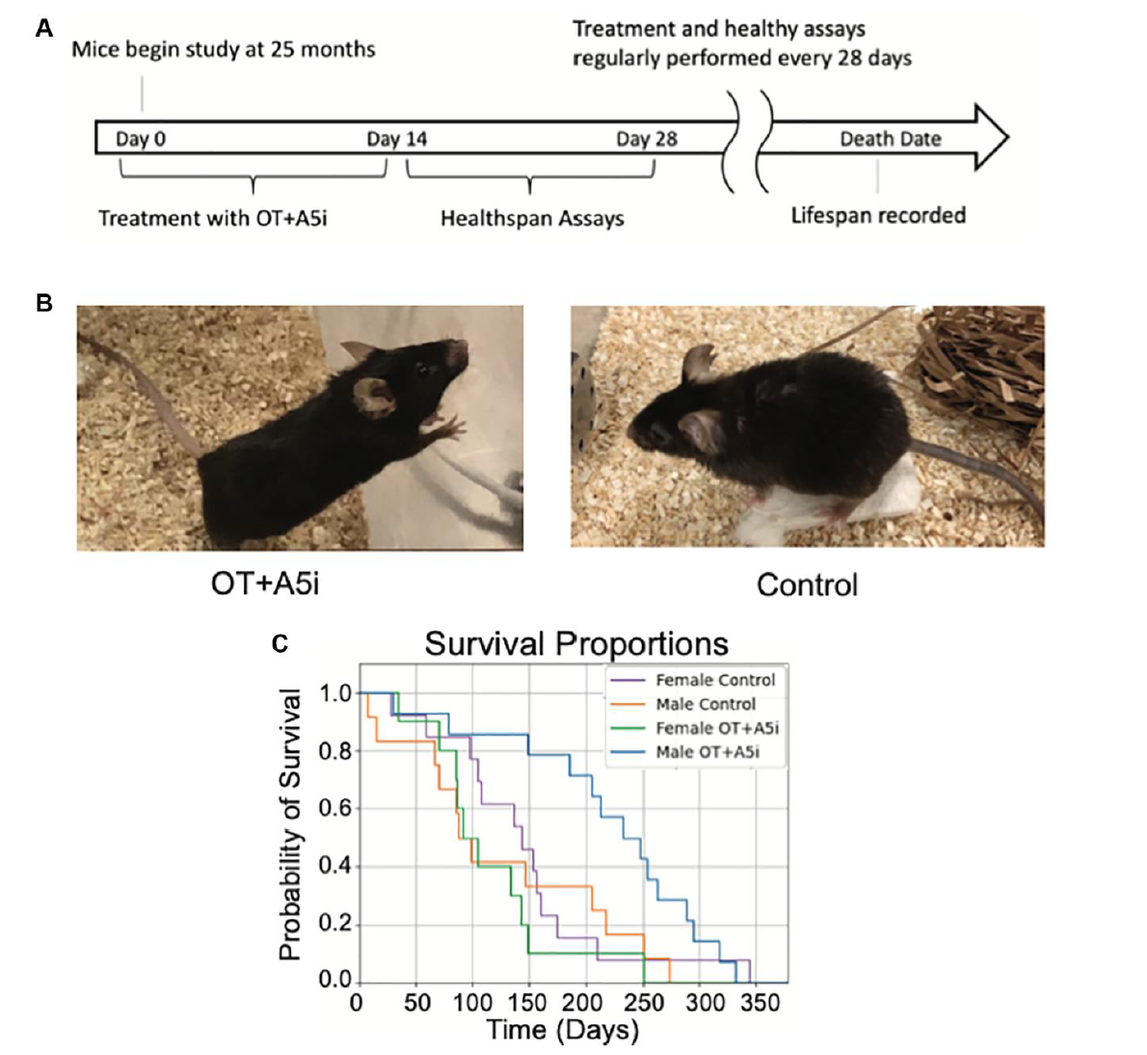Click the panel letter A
point(43,29)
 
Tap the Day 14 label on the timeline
point(396,139)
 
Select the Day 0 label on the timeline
point(141,139)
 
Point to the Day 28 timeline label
point(647,139)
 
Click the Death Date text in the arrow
point(890,139)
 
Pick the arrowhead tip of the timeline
point(1006,138)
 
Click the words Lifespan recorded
point(878,215)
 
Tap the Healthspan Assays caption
point(532,219)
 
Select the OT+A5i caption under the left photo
point(265,583)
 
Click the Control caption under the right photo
point(807,584)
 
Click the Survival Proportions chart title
point(576,643)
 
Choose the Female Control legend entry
point(714,680)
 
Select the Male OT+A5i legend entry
point(707,752)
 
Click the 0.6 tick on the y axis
point(335,808)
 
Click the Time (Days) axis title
point(563,1030)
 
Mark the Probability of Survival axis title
point(289,825)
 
